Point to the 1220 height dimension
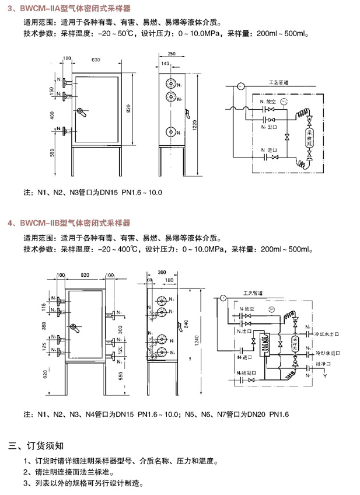(198, 120)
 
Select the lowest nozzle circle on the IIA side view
(172, 133)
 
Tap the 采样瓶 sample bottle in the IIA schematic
(309, 138)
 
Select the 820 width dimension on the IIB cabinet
(85, 274)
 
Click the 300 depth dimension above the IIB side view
(162, 273)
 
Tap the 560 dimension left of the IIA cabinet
(52, 152)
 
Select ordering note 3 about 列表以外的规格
(82, 484)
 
